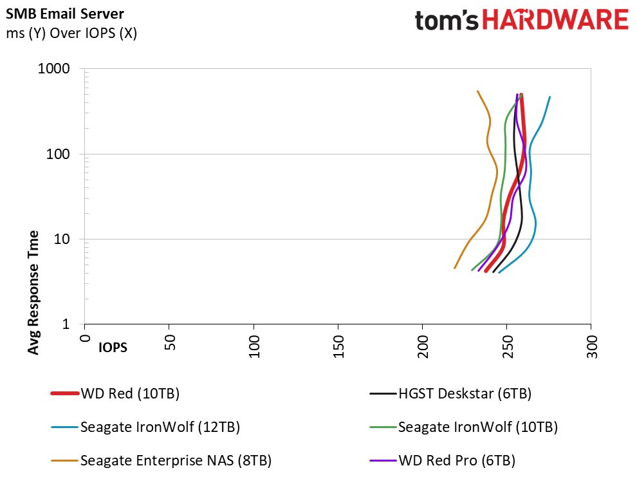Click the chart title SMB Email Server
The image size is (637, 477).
click(x=64, y=14)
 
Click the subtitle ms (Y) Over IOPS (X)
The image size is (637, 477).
click(x=71, y=33)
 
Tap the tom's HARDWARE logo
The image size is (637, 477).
click(x=521, y=20)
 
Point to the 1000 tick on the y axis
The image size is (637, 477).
click(x=53, y=68)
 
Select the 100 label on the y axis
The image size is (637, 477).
click(x=58, y=154)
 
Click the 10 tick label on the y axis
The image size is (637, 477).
click(x=62, y=239)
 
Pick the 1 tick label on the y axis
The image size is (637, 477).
click(x=66, y=324)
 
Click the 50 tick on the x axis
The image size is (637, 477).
click(x=170, y=342)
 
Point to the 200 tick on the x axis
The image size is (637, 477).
click(x=423, y=346)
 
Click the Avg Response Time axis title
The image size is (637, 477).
click(x=33, y=292)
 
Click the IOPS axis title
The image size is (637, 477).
click(x=113, y=348)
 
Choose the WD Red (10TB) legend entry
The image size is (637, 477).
click(x=115, y=393)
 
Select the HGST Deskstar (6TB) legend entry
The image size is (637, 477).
click(x=450, y=393)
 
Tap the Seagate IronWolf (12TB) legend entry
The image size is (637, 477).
click(x=145, y=427)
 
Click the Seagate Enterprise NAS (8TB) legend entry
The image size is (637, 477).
click(x=161, y=460)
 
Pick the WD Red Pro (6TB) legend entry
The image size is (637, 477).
click(x=443, y=460)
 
